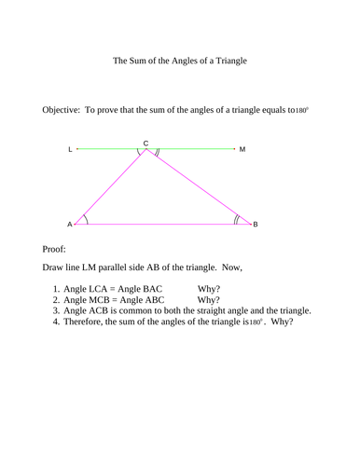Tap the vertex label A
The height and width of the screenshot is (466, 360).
pos(69,225)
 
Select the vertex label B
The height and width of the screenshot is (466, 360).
pos(256,225)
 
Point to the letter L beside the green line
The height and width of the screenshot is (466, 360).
pos(71,149)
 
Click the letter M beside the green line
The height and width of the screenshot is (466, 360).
pos(242,149)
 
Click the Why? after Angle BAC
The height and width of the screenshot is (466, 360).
pos(209,288)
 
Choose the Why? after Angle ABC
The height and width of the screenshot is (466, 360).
pos(209,300)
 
